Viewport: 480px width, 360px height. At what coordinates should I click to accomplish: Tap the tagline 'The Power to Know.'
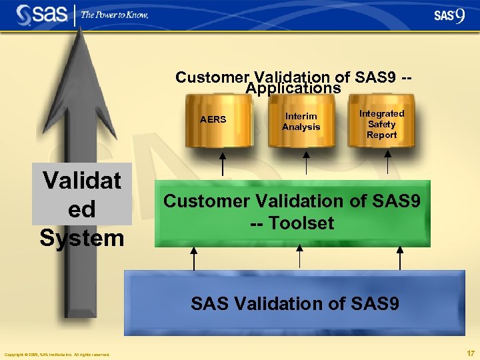click(115, 14)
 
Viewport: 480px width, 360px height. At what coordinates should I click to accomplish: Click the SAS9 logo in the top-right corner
click(449, 15)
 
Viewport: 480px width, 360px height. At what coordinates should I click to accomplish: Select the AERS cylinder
click(213, 121)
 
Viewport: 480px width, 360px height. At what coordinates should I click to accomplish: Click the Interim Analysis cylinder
click(301, 121)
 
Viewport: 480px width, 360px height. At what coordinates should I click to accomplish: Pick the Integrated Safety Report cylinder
click(381, 124)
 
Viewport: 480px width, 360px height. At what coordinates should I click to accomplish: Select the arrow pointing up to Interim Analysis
click(306, 164)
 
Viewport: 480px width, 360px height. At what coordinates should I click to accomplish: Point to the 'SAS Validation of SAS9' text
click(295, 304)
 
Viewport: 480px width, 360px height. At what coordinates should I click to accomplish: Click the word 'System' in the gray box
click(82, 237)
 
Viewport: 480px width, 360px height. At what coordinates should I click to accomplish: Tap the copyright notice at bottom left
click(57, 354)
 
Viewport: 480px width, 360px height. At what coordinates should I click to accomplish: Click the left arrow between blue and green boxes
click(194, 258)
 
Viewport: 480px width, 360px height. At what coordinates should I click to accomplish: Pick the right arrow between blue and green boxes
click(399, 258)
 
